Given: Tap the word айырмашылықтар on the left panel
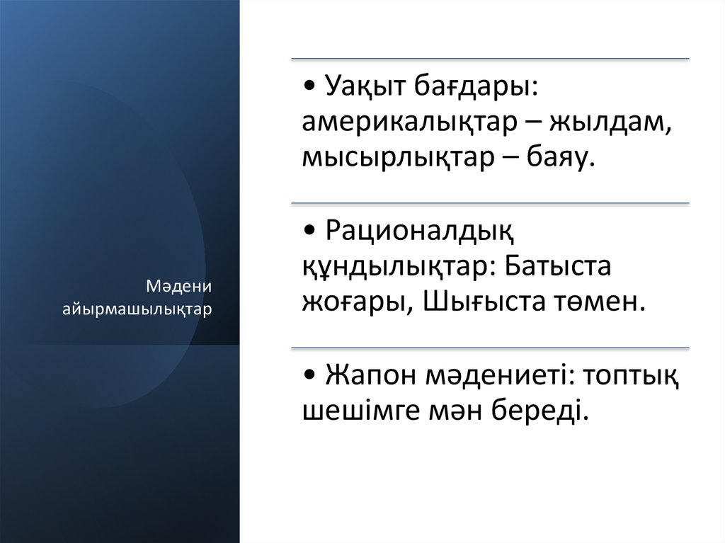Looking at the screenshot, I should click(137, 310).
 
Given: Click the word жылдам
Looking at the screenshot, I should click(610, 122).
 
